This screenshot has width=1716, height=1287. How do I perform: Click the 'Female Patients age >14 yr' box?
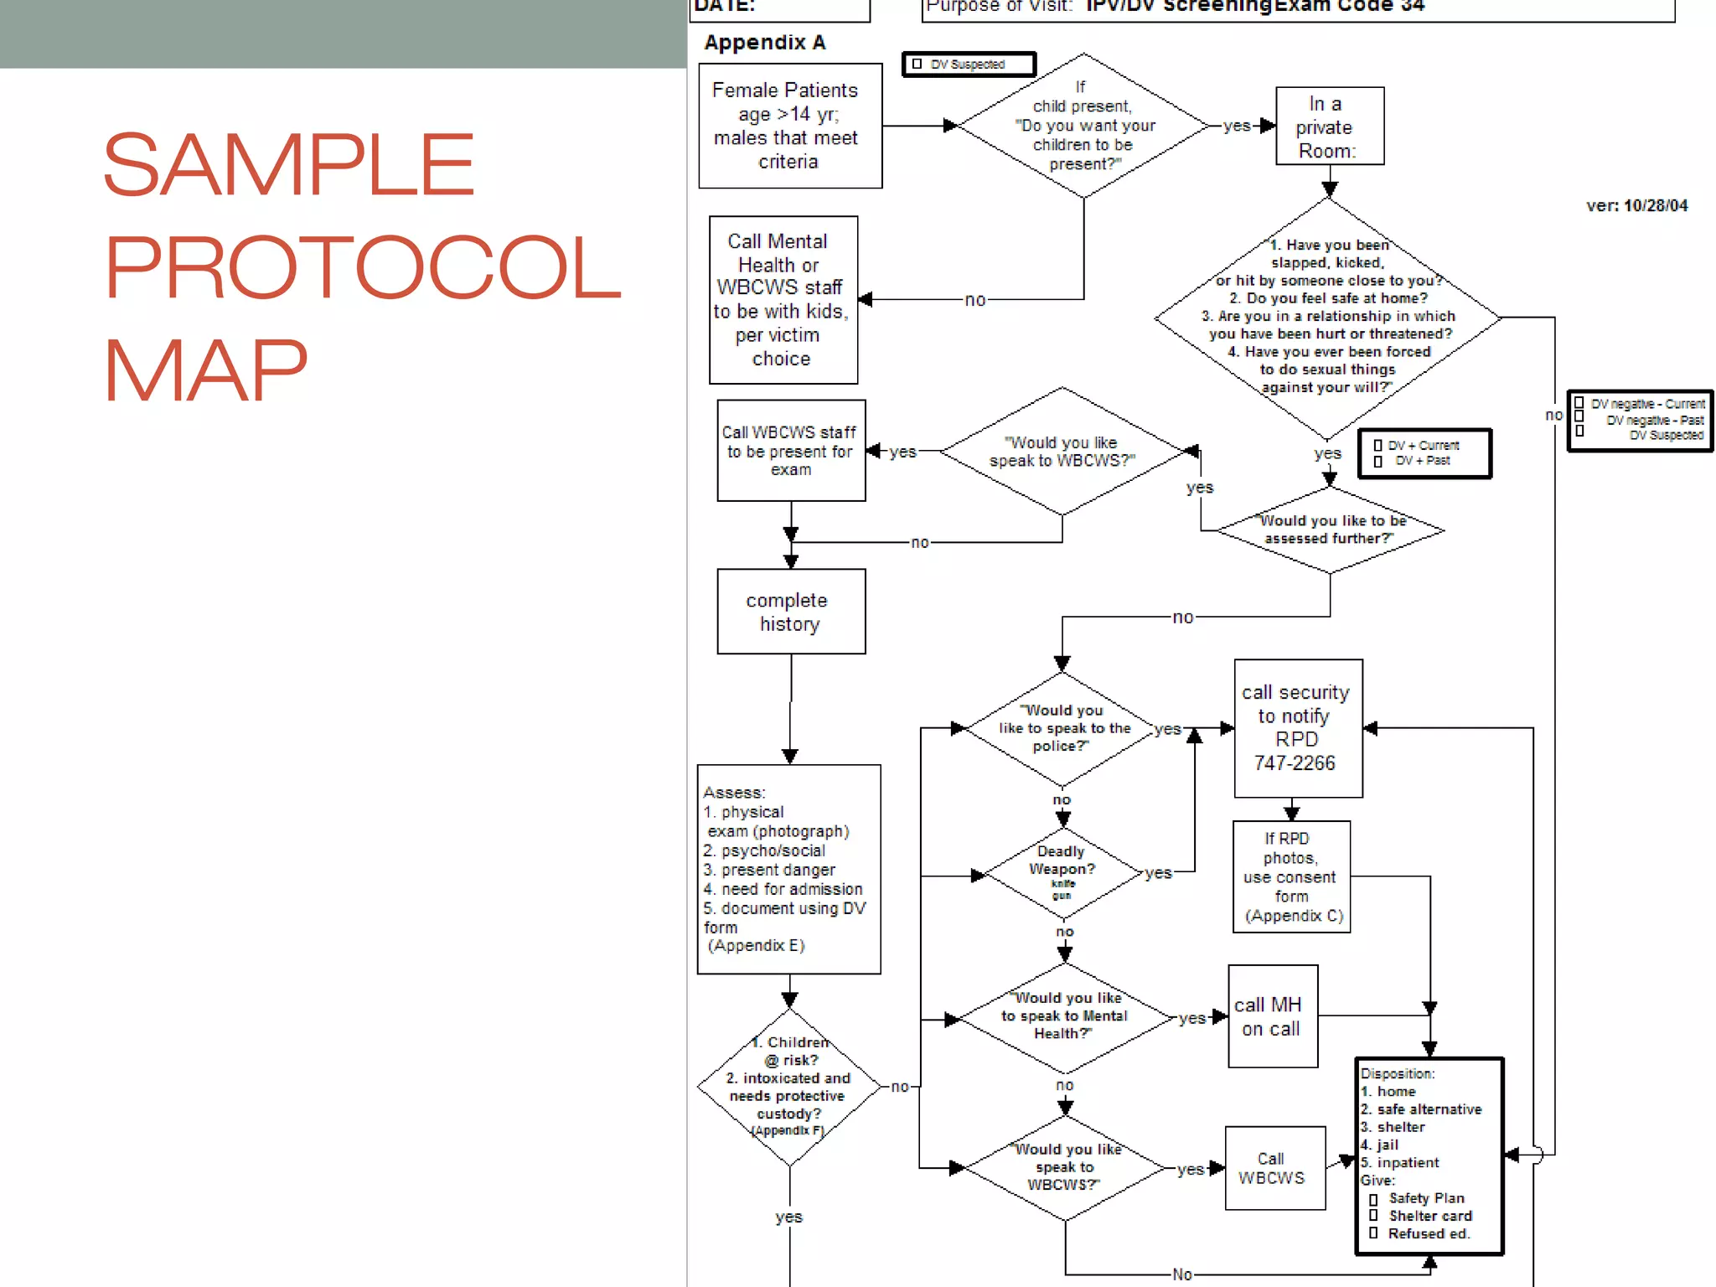click(x=789, y=126)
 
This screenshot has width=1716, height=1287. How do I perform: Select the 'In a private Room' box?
click(x=1329, y=127)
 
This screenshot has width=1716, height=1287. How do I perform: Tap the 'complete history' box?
click(x=790, y=612)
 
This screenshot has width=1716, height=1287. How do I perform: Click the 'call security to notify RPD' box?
click(x=1297, y=727)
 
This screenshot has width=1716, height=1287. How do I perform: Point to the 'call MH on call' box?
click(x=1272, y=1016)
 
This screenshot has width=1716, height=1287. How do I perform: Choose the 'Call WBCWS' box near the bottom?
click(x=1274, y=1168)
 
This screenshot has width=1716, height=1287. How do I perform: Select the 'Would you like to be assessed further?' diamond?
click(x=1330, y=530)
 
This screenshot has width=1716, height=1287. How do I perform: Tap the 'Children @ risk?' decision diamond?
click(x=788, y=1087)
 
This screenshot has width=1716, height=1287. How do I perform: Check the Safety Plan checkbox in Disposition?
click(x=1373, y=1199)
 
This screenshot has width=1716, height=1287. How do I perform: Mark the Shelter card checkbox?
click(x=1373, y=1216)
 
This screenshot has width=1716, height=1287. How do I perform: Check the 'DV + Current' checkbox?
click(x=1378, y=446)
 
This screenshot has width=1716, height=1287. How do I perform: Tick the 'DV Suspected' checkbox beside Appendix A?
click(x=917, y=64)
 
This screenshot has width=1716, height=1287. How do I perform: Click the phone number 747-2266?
click(x=1295, y=763)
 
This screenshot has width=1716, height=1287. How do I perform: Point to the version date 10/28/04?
click(x=1655, y=206)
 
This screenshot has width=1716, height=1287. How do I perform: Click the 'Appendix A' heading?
click(x=765, y=43)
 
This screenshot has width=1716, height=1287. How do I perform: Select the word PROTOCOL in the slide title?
click(x=362, y=266)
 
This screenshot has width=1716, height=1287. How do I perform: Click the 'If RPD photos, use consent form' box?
click(x=1291, y=876)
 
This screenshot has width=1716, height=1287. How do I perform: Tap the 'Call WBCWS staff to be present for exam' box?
click(x=790, y=451)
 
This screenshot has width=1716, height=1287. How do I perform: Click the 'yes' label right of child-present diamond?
click(x=1236, y=126)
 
